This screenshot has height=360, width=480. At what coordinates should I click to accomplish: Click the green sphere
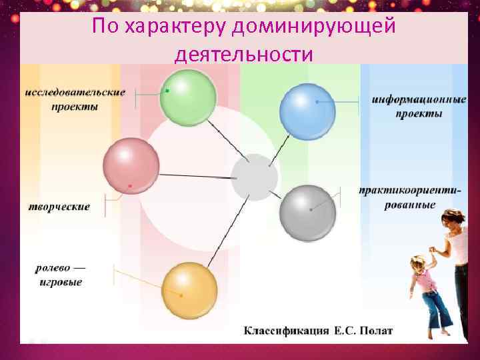[188, 97]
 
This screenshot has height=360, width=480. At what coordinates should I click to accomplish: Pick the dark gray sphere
[307, 213]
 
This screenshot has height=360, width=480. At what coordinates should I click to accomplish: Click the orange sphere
[190, 291]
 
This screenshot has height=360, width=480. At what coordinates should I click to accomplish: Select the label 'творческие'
[59, 207]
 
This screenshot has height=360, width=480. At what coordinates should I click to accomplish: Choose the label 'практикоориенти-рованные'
[409, 197]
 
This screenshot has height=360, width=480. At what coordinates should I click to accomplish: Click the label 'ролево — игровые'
[60, 275]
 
